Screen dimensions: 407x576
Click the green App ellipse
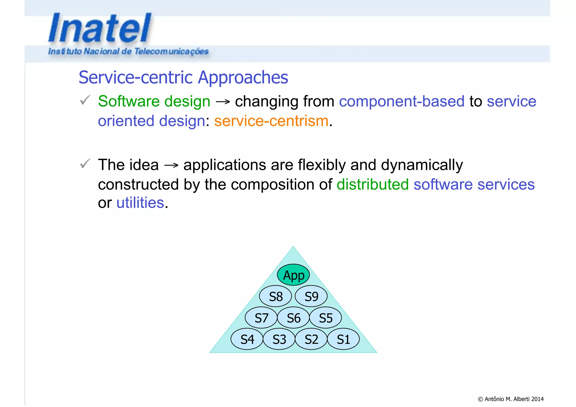click(293, 275)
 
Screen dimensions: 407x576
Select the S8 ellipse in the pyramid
click(275, 296)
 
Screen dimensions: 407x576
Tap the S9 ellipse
click(311, 296)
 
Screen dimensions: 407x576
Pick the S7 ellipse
click(261, 318)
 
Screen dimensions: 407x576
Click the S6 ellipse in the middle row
click(293, 318)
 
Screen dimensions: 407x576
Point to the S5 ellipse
click(325, 318)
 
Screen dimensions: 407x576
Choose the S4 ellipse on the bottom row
click(247, 339)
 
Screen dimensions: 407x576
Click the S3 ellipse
click(279, 339)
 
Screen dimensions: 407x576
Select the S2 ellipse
click(311, 339)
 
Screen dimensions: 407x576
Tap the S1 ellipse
click(343, 339)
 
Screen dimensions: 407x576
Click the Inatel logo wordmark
click(100, 28)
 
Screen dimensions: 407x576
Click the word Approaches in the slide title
click(243, 77)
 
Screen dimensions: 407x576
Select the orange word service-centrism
click(271, 121)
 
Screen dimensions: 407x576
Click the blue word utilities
click(140, 203)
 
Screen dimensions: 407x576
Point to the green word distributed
click(372, 185)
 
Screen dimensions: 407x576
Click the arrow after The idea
click(171, 165)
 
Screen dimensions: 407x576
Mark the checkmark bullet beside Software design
click(85, 100)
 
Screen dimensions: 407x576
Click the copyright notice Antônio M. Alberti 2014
click(510, 399)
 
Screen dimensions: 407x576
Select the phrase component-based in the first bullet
click(401, 101)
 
